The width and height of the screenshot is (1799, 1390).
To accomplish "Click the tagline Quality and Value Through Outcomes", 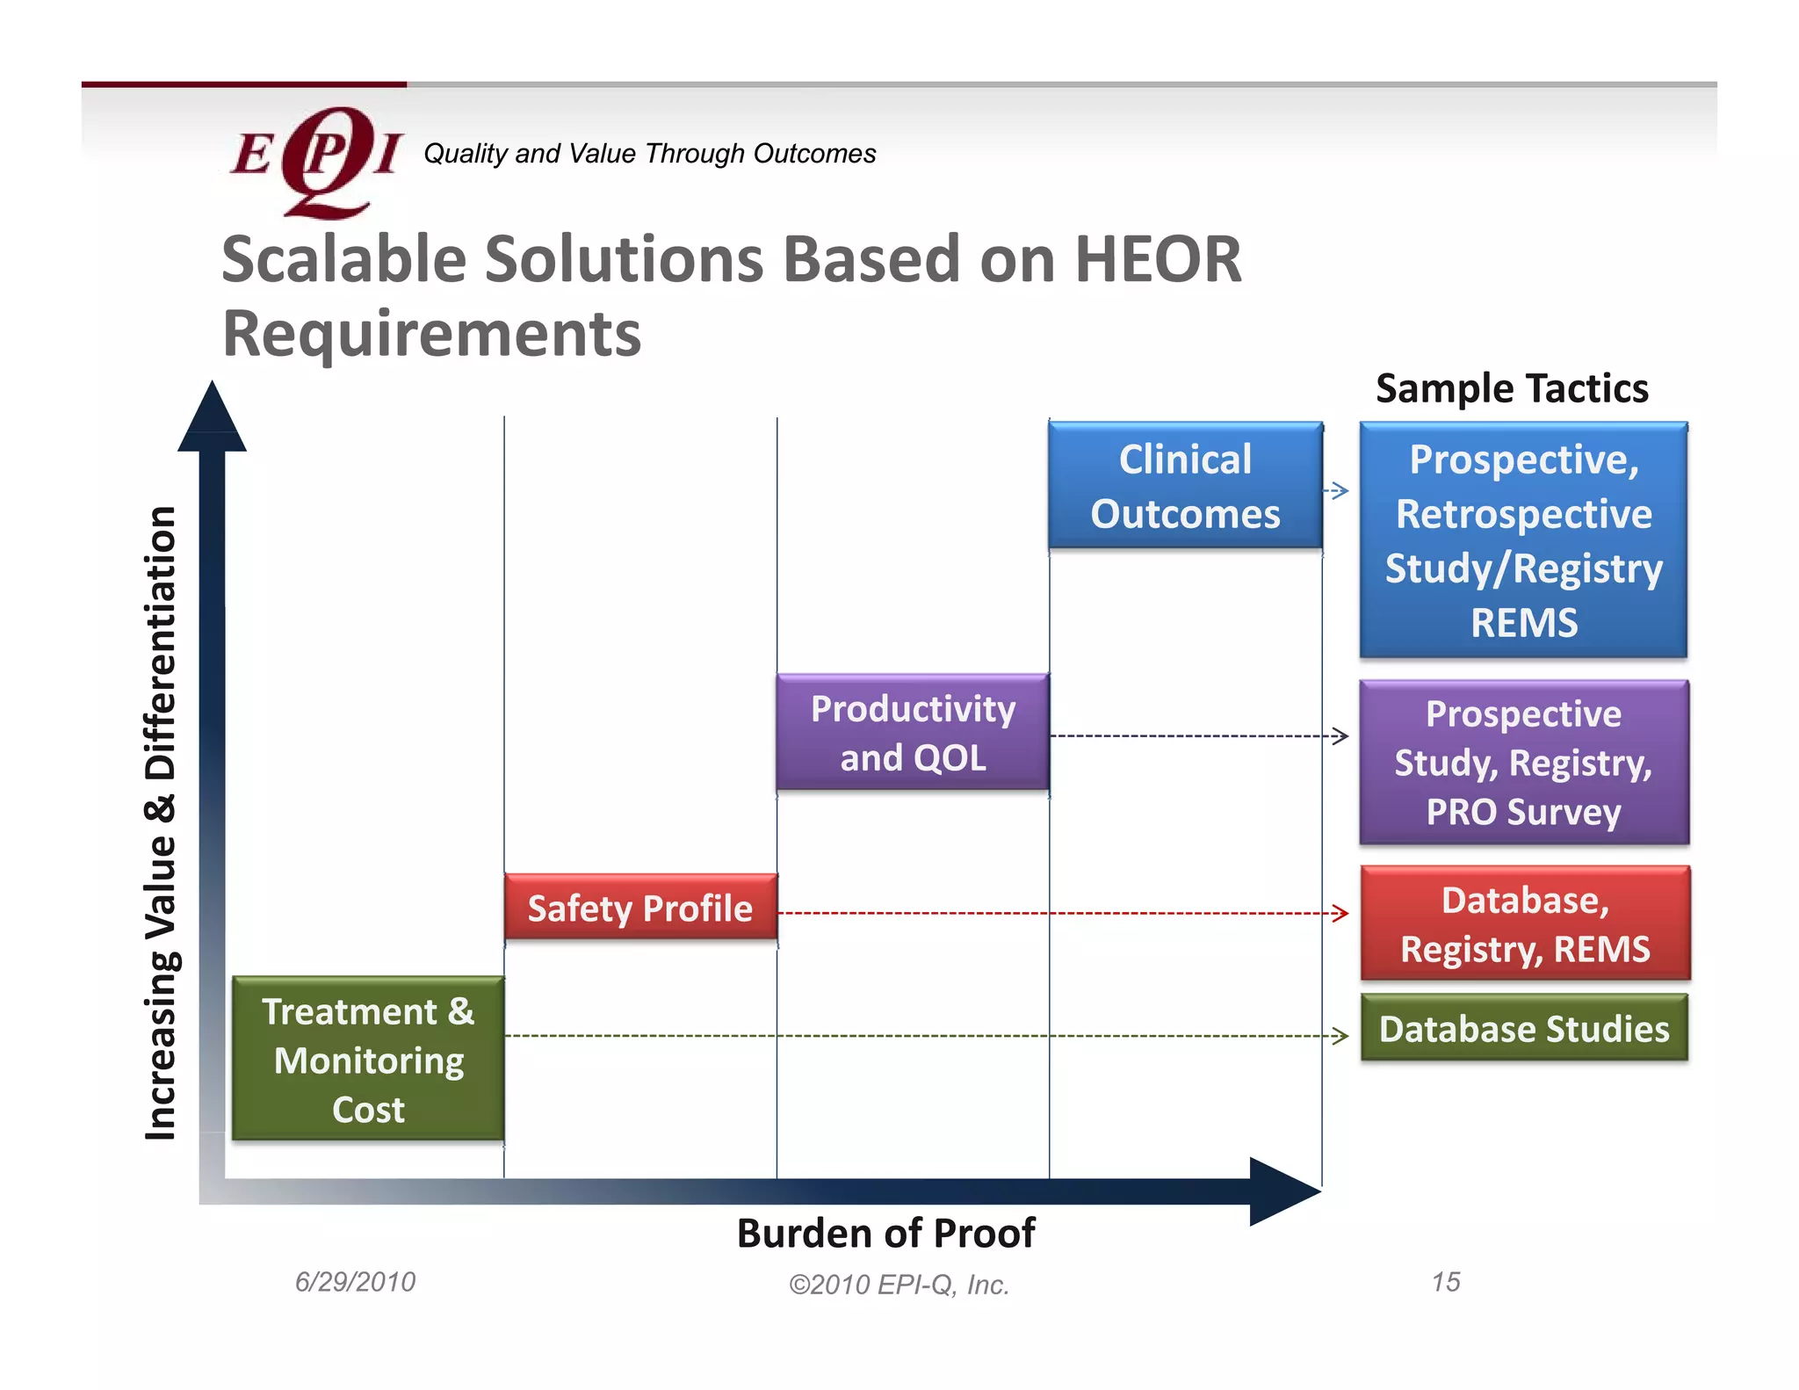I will (649, 154).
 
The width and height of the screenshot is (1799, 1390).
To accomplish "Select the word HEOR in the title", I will (1158, 260).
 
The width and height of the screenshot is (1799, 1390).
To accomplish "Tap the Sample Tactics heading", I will (1512, 388).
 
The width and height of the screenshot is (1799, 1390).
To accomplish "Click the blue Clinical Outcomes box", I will (1185, 486).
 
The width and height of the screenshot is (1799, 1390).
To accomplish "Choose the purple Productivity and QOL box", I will (913, 732).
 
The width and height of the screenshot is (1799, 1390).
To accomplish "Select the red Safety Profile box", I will (640, 908).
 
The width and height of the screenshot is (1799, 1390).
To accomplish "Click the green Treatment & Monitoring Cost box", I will (368, 1060).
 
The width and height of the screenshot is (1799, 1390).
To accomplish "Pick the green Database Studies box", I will (1524, 1028).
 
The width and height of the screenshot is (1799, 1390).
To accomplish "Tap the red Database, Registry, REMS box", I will (1525, 923).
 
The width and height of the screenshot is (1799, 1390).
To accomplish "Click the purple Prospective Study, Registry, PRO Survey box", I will (1524, 762).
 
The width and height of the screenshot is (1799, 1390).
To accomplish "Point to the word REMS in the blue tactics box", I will (1524, 623).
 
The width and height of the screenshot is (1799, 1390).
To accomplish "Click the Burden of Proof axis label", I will (885, 1233).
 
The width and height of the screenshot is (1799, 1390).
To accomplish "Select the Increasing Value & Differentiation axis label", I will (162, 822).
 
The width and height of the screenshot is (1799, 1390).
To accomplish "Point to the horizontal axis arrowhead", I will (1282, 1191).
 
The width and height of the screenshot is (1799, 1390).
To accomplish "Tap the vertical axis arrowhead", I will (212, 418).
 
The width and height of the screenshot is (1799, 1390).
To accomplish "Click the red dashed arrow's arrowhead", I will (1340, 913).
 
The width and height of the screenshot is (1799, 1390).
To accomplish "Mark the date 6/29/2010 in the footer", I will (355, 1282).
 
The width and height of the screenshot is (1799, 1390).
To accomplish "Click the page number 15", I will (1445, 1282).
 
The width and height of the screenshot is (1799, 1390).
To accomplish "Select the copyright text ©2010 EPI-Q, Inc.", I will (899, 1285).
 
